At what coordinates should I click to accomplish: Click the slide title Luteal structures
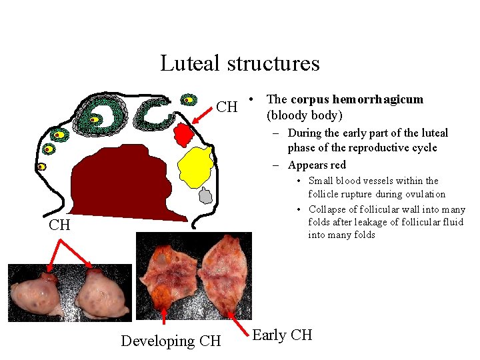point(239,63)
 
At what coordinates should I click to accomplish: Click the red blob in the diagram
point(183,135)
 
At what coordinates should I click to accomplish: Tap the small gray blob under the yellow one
point(206,196)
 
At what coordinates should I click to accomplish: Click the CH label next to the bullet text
point(227,107)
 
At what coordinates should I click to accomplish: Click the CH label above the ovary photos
point(59,225)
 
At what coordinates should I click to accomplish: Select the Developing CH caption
point(171,341)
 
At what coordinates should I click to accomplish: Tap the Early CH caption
point(283,335)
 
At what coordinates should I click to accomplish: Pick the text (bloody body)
point(305,115)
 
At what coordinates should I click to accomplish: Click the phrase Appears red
point(317,165)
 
